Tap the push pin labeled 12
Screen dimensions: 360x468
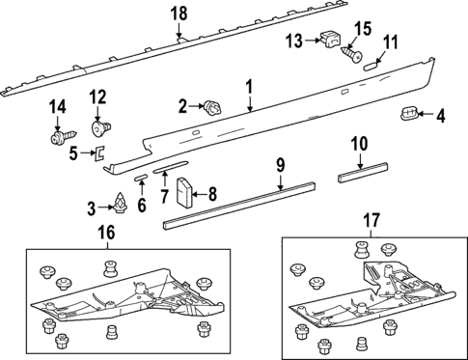(x=98, y=125)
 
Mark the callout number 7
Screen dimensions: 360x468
(x=166, y=197)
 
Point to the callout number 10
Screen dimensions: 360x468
(x=359, y=145)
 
